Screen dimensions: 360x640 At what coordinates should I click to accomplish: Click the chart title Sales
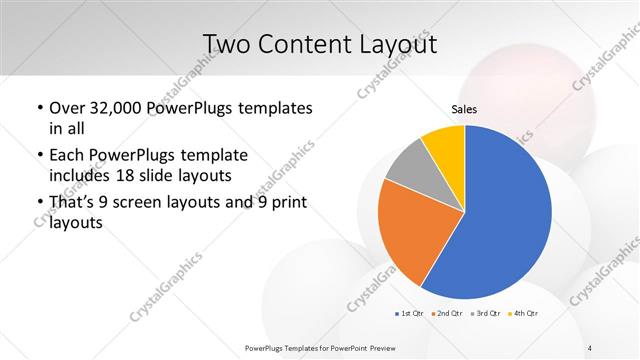[x=464, y=108]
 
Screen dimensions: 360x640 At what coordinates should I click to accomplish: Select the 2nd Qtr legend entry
[x=448, y=314]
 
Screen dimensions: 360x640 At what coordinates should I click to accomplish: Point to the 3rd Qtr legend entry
[x=487, y=314]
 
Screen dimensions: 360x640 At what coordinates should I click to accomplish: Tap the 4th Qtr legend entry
[x=524, y=314]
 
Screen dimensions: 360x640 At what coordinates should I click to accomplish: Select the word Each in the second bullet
[x=67, y=156]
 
